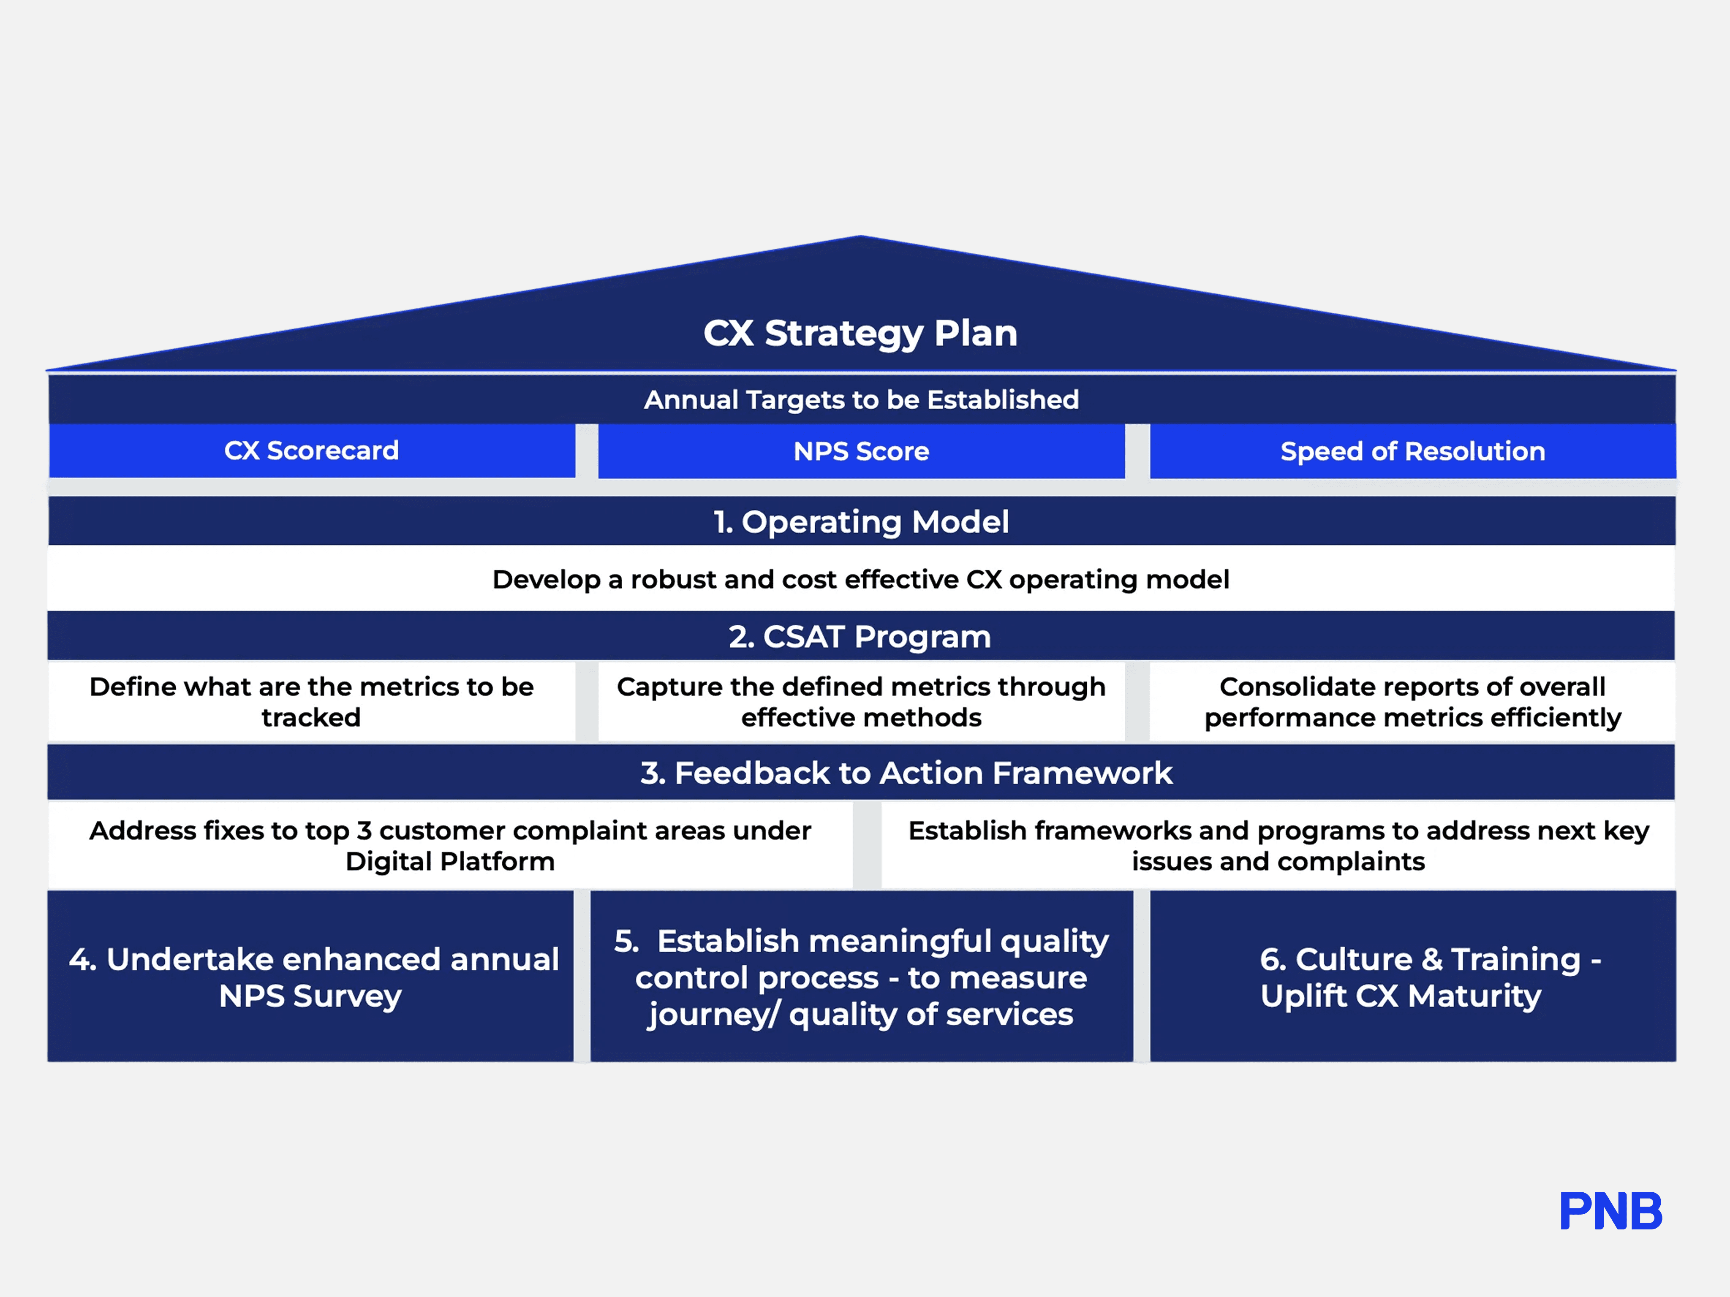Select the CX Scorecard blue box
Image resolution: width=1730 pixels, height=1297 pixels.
311,450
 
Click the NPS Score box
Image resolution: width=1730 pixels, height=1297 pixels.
861,451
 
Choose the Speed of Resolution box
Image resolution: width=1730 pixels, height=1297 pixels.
1412,451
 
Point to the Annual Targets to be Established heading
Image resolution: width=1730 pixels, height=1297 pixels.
861,399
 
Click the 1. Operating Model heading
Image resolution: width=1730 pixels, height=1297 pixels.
861,521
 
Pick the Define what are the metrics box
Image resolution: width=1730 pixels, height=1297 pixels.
311,701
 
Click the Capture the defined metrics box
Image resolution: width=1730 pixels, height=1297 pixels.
861,701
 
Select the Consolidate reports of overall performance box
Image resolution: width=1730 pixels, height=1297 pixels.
1412,701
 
